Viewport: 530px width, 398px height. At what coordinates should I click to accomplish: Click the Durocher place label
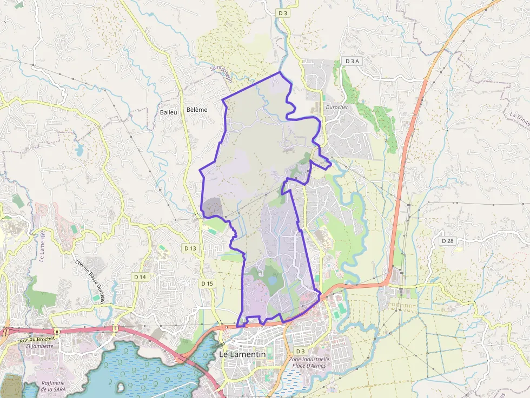coord(337,107)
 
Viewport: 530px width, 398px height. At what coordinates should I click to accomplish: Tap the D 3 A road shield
coord(351,61)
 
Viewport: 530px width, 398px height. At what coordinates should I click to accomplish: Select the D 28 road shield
coord(447,240)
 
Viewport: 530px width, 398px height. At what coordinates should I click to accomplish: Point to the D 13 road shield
coord(190,248)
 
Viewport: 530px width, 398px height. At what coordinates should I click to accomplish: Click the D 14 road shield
coord(140,276)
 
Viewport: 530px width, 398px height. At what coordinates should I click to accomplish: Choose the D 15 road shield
coord(207,283)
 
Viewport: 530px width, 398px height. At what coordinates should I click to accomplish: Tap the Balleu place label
coord(168,112)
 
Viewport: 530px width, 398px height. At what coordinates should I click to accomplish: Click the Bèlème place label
coord(196,110)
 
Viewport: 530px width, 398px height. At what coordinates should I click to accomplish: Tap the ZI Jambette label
coord(39,346)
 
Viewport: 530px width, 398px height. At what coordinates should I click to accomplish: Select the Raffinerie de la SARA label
coord(54,386)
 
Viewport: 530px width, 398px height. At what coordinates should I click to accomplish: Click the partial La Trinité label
coord(520,118)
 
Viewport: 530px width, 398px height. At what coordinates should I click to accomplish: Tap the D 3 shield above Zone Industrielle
coord(300,351)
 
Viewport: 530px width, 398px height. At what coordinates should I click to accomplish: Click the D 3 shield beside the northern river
coord(282,12)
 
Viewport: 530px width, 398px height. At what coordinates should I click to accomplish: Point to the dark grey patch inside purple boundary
coord(212,206)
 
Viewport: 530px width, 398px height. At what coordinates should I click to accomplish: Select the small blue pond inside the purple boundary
coord(271,280)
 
